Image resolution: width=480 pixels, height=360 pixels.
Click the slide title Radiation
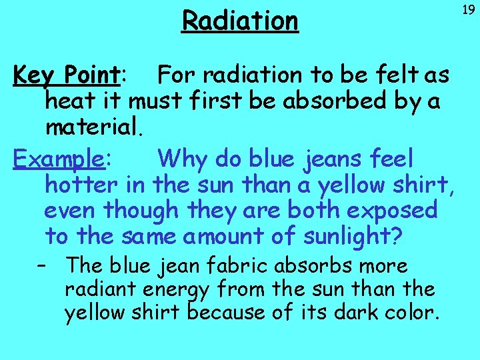pos(240,21)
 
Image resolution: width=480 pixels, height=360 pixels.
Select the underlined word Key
pos(35,76)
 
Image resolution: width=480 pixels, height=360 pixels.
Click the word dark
pos(354,312)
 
